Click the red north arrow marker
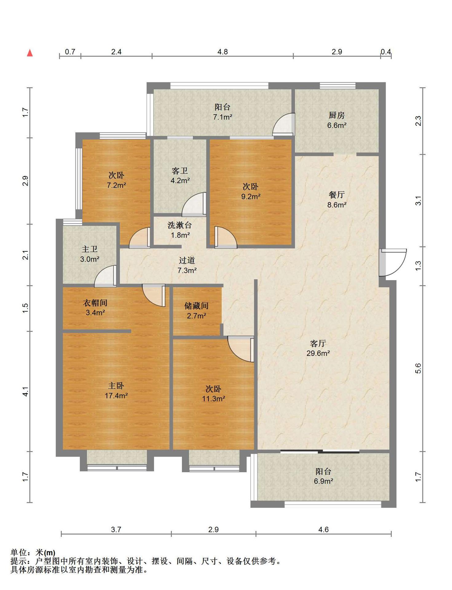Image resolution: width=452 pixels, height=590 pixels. [x=30, y=53]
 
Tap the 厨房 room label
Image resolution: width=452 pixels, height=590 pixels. [x=336, y=115]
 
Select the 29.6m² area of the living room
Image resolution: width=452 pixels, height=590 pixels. [x=318, y=353]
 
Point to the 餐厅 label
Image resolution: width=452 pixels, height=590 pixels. [x=336, y=195]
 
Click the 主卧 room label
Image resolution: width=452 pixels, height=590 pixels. [x=116, y=386]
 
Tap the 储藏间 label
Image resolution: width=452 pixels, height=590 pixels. [x=196, y=306]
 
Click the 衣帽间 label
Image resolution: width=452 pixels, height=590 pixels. [x=95, y=303]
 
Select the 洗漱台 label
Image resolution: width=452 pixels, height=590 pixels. [x=180, y=225]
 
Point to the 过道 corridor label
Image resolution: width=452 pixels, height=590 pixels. [x=187, y=260]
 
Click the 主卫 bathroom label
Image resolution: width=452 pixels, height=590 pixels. [x=89, y=249]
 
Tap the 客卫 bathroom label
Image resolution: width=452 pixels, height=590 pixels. [x=180, y=171]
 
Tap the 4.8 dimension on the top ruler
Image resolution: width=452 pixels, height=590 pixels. [x=222, y=52]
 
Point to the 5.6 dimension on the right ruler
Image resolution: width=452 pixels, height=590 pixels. [x=418, y=368]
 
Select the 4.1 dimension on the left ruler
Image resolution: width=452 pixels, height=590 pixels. [x=26, y=391]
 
